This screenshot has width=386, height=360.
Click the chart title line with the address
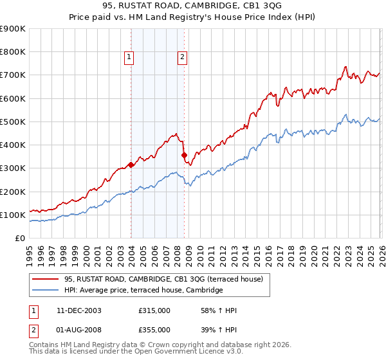(x=192, y=6)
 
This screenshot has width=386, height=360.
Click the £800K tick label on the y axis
(x=12, y=52)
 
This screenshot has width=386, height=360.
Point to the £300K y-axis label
(x=12, y=168)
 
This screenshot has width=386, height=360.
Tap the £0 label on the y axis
(x=20, y=238)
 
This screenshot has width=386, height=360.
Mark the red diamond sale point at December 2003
(x=131, y=165)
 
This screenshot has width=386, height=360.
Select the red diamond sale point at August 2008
(x=184, y=155)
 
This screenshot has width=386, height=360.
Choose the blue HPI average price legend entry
(x=143, y=291)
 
